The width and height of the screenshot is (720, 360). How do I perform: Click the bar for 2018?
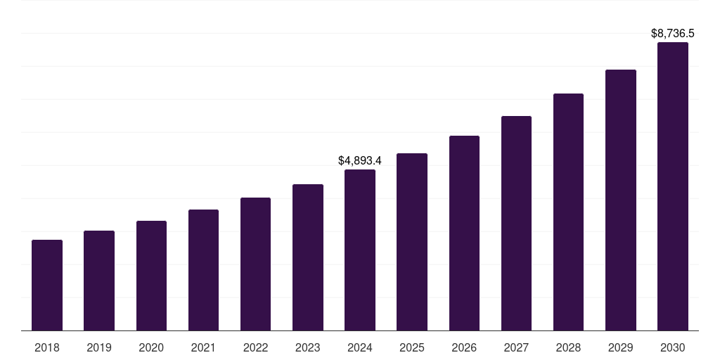[47, 285]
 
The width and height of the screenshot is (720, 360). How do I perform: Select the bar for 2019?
[99, 281]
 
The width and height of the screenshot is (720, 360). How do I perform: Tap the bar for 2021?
[203, 270]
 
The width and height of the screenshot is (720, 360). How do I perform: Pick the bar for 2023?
[308, 257]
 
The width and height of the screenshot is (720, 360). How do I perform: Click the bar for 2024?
[360, 250]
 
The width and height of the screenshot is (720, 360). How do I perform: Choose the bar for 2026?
[464, 233]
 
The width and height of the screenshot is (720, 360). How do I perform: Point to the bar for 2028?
[568, 212]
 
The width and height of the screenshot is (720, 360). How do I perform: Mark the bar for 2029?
[621, 200]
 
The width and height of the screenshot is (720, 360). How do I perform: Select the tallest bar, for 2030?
[673, 186]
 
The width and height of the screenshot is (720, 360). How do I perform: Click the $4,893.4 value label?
[360, 161]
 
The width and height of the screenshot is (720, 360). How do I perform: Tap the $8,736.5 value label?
[673, 33]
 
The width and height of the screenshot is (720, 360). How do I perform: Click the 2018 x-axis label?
[47, 347]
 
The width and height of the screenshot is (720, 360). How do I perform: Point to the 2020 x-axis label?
[151, 347]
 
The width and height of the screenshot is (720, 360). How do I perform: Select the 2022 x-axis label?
[255, 347]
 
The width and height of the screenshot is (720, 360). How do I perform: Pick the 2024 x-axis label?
[360, 347]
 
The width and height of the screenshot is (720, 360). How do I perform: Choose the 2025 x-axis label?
[412, 347]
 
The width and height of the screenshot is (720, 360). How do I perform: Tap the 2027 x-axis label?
[516, 347]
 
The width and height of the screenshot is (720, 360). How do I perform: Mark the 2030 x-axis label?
[673, 347]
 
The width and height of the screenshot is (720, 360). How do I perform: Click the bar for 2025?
[412, 242]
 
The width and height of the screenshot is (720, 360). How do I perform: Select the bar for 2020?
[151, 276]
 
